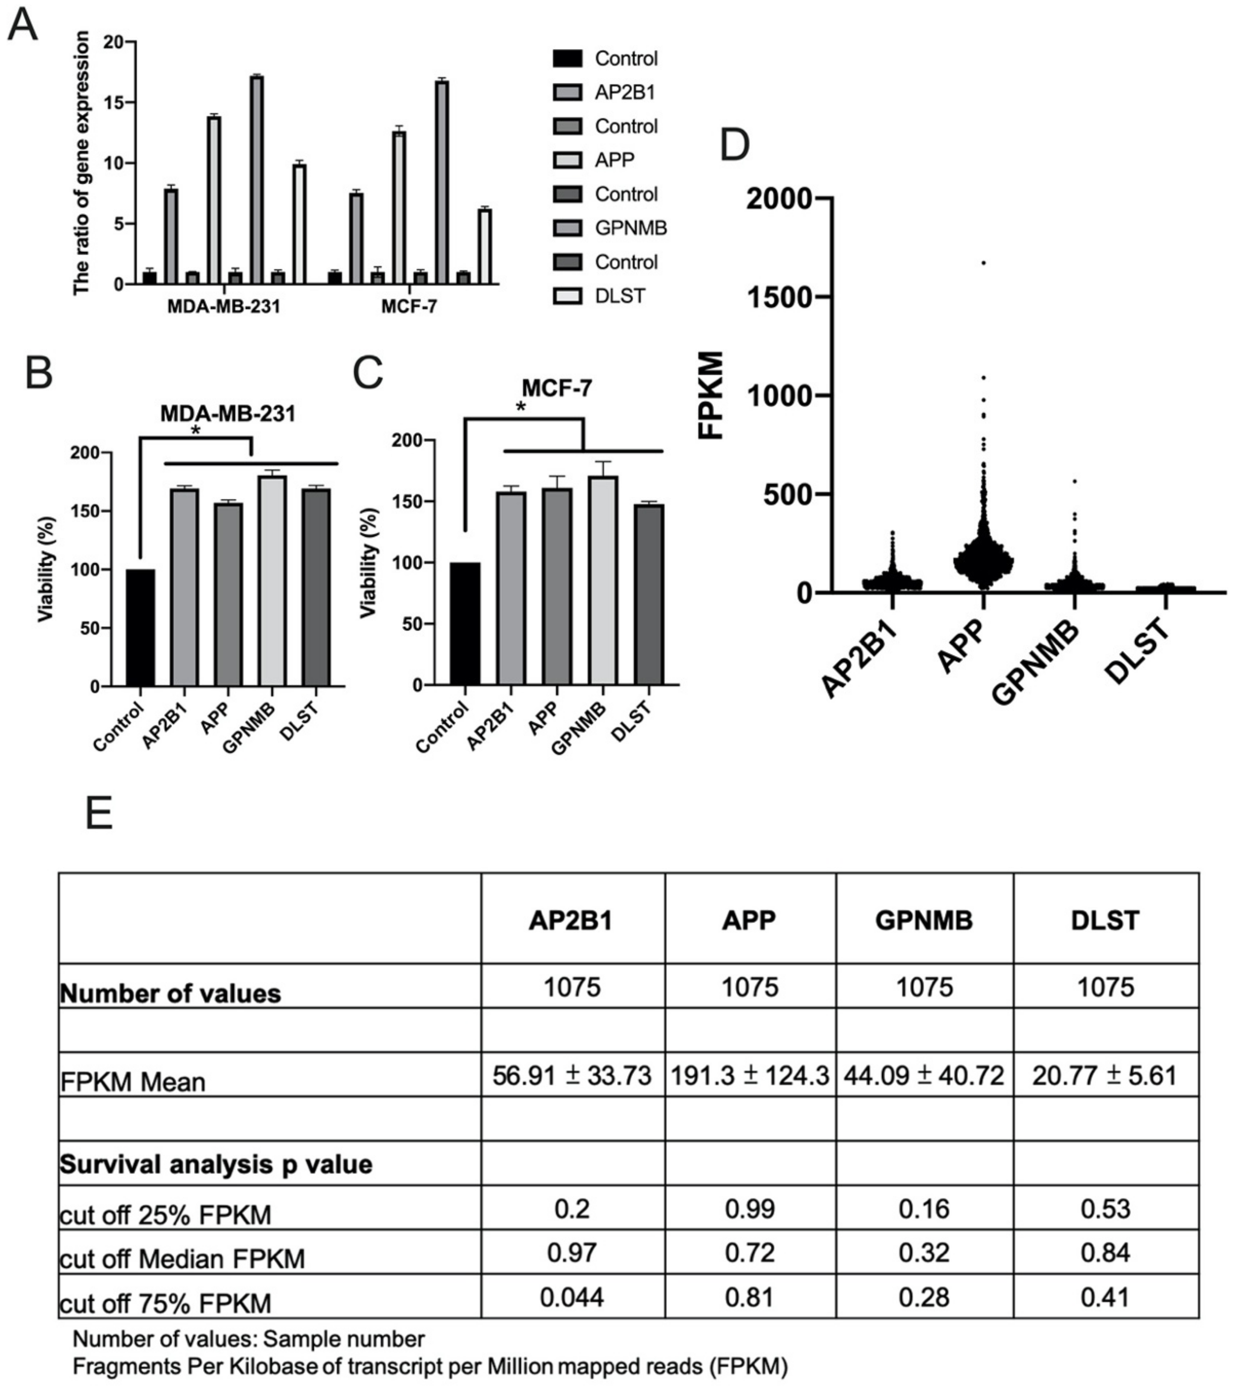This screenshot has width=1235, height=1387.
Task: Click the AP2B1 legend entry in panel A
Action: tap(624, 92)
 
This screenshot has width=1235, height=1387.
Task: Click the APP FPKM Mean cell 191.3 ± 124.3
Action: tap(750, 1075)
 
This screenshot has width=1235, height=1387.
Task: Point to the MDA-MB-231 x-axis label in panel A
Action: tap(224, 306)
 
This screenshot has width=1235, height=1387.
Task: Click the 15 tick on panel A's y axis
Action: tap(114, 102)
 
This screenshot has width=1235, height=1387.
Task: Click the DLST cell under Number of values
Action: tap(1105, 986)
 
